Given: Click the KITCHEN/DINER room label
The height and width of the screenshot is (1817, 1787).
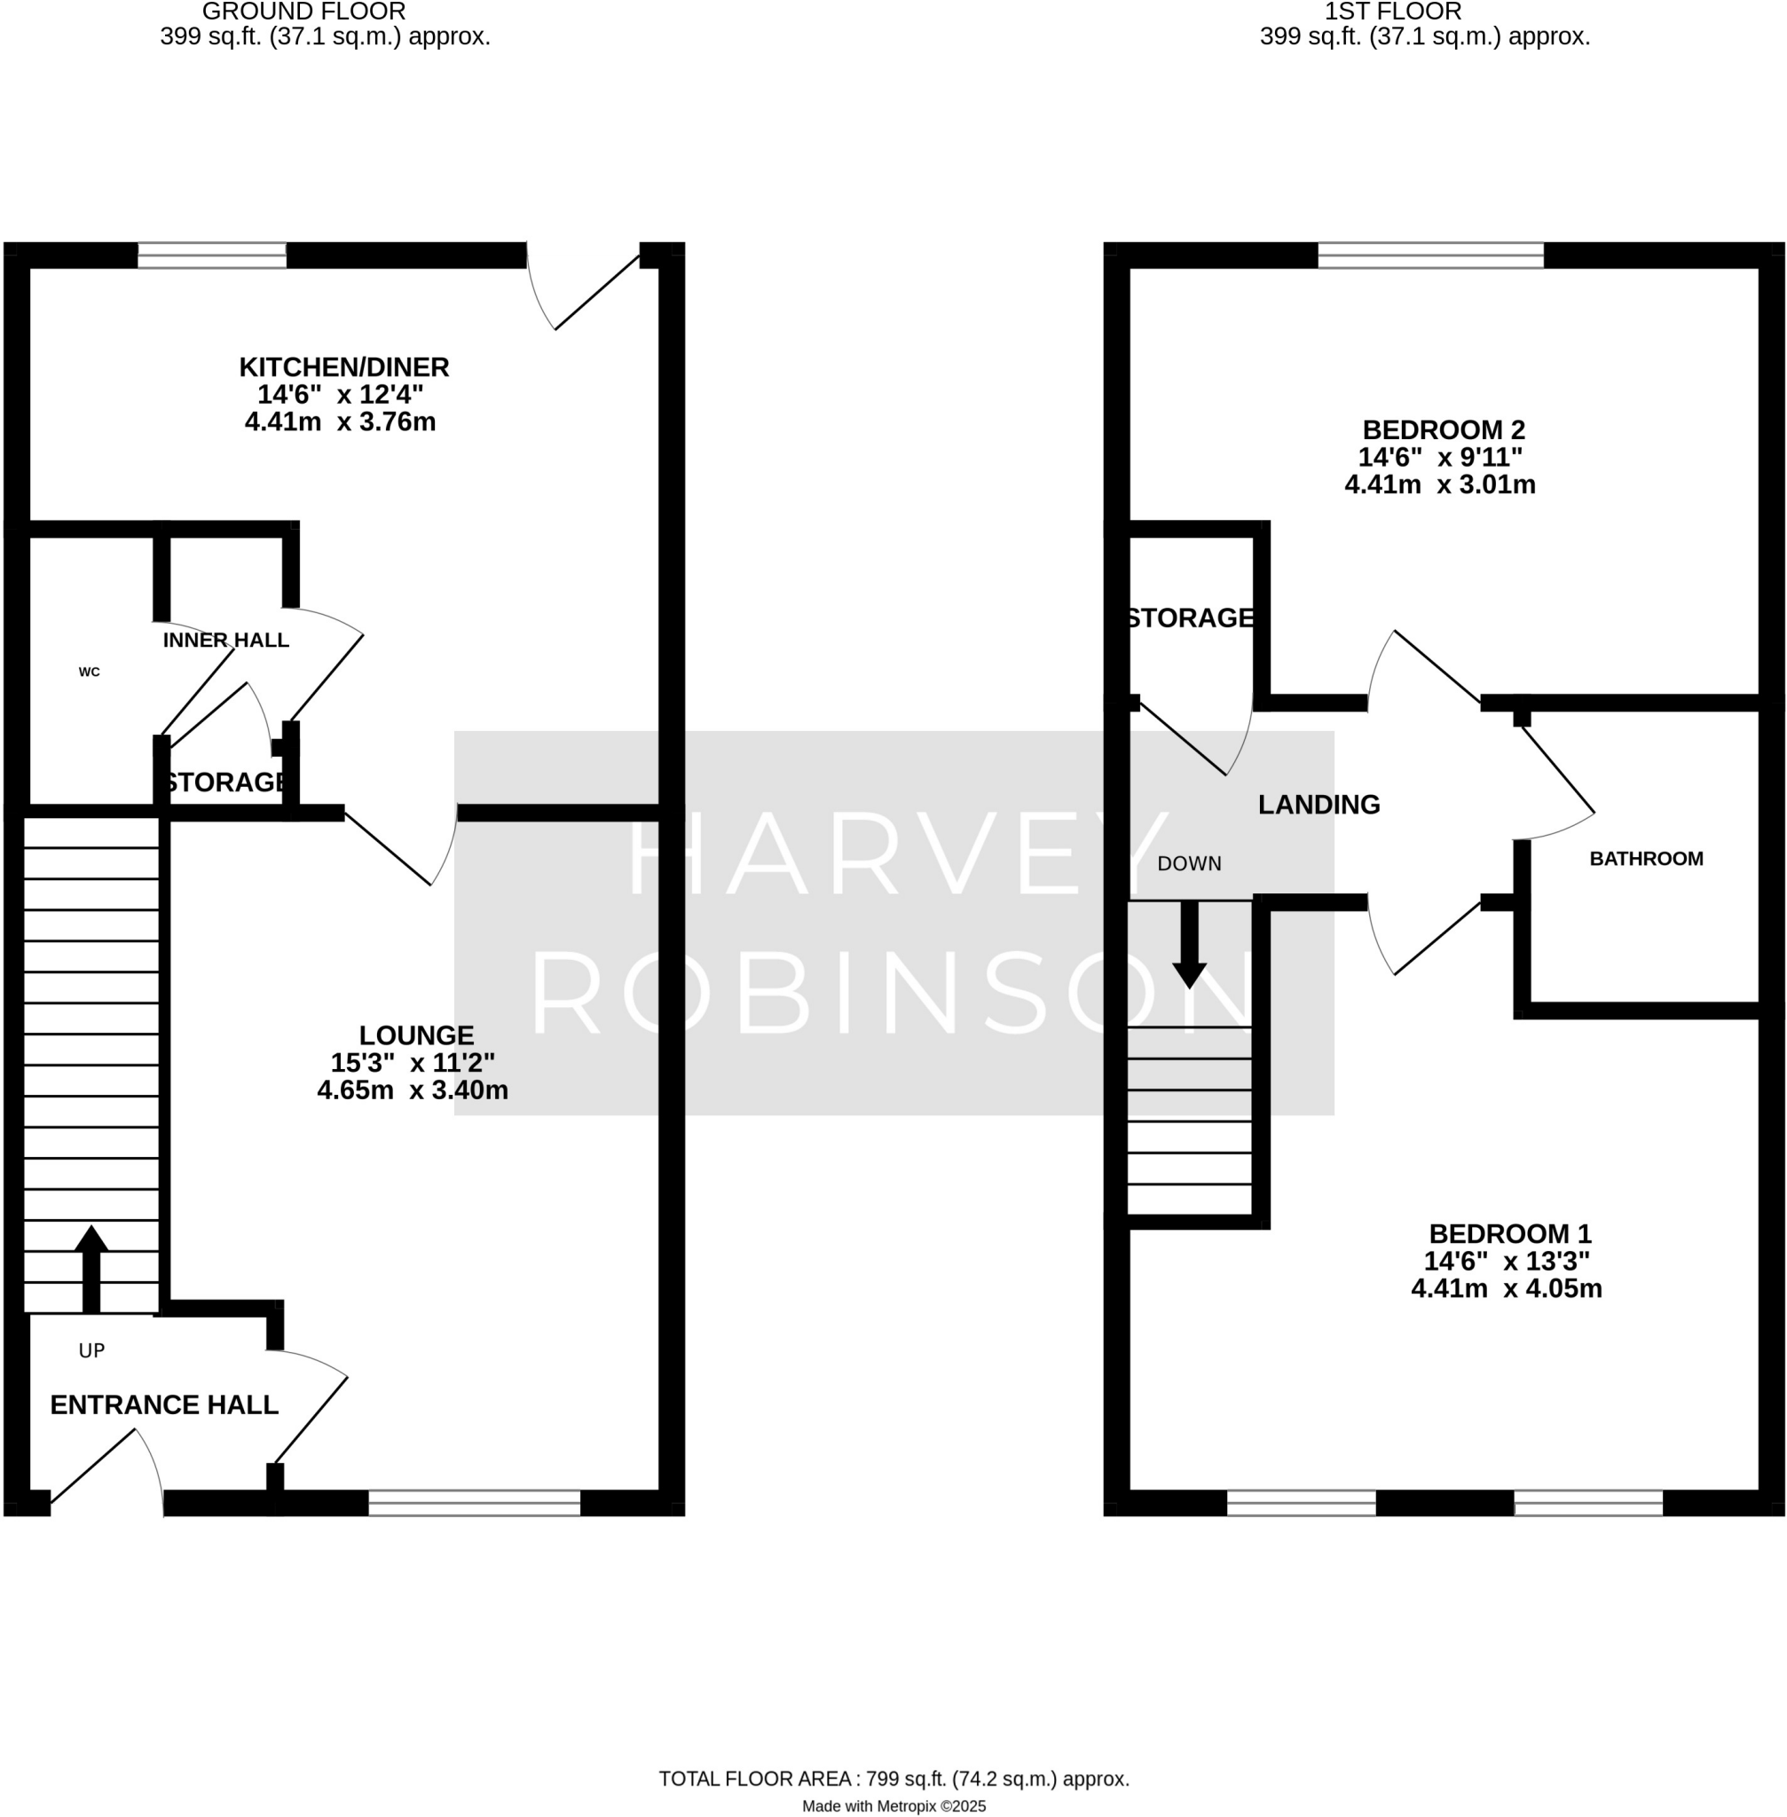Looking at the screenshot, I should coord(343,367).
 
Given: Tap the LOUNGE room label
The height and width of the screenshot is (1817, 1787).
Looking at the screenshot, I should coord(416,1035).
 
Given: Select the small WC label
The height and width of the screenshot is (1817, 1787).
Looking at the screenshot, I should coord(89,672).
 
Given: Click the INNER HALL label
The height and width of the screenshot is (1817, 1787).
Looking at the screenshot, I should coord(225,640).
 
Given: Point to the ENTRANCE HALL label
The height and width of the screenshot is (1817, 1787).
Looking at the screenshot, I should coord(164,1405).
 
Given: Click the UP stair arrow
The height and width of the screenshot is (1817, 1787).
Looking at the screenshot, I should coord(91,1268).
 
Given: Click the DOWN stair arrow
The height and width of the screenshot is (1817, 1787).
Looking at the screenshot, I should coord(1189,943).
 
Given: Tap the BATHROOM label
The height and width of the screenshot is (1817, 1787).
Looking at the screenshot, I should coord(1645,859).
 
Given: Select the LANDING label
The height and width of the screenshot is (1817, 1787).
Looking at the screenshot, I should coord(1319,805).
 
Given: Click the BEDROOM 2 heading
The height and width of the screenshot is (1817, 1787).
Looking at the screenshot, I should coord(1444,429).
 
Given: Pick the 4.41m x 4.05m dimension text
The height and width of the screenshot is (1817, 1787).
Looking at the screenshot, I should coord(1506,1288).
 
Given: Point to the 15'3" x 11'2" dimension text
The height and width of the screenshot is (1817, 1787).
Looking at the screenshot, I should coord(412,1062).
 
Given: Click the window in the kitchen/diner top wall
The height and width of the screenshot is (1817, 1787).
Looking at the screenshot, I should coord(212,256).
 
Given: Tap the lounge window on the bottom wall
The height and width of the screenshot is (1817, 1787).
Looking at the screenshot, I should coord(474,1503).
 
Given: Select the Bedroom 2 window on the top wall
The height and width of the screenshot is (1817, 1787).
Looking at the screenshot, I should coord(1430,256).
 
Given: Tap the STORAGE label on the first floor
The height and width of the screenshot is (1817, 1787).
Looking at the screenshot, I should coord(1190,617).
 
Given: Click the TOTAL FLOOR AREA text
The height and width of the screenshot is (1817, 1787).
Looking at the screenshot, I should coord(893,1779).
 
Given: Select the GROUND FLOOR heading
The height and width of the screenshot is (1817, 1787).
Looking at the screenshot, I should coord(304,12).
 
